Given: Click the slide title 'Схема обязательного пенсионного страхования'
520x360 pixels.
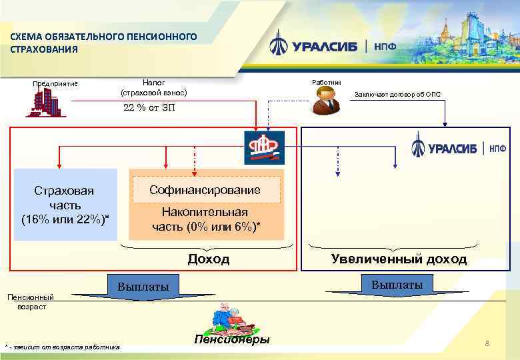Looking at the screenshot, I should (103, 43).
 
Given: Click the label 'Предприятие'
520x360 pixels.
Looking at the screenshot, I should (55, 83).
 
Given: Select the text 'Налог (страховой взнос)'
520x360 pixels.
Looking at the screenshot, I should (154, 87).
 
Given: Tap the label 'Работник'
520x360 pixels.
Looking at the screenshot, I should (326, 82).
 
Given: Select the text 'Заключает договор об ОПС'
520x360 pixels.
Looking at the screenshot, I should (397, 94).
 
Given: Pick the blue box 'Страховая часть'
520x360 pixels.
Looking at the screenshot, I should (65, 204).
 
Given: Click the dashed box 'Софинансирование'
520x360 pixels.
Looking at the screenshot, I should (205, 190).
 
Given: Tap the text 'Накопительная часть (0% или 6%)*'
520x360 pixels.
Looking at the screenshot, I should (205, 220).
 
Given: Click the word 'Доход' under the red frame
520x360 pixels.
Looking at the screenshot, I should (208, 259).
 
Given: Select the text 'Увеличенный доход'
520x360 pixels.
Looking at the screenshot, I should (399, 259).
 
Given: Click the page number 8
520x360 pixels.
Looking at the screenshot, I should (487, 343).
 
